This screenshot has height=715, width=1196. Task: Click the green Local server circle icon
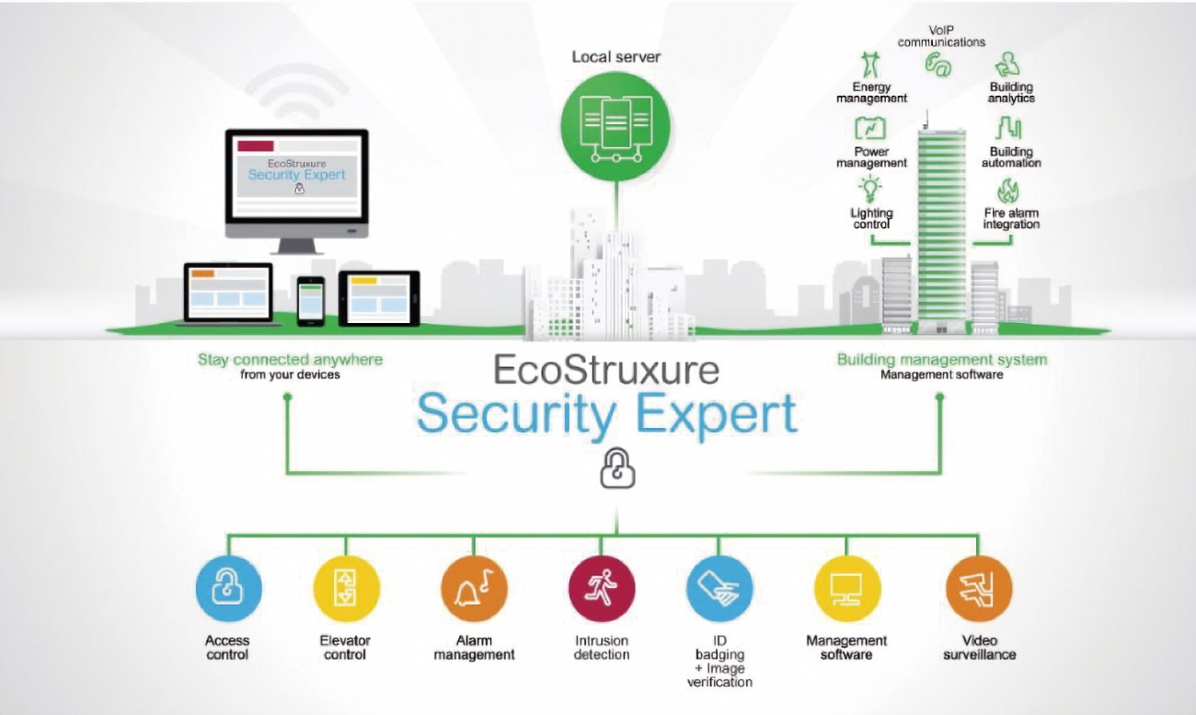[616, 123]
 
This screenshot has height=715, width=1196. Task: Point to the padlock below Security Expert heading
[617, 469]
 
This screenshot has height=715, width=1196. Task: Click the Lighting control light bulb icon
[869, 190]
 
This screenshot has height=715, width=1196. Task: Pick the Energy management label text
[870, 93]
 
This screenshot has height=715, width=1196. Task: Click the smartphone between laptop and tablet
[311, 299]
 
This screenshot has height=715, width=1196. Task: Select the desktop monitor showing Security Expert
[297, 179]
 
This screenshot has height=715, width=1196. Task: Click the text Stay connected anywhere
[290, 359]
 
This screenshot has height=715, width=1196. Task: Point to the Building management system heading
[941, 359]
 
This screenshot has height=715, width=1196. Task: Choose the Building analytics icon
[1009, 64]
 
